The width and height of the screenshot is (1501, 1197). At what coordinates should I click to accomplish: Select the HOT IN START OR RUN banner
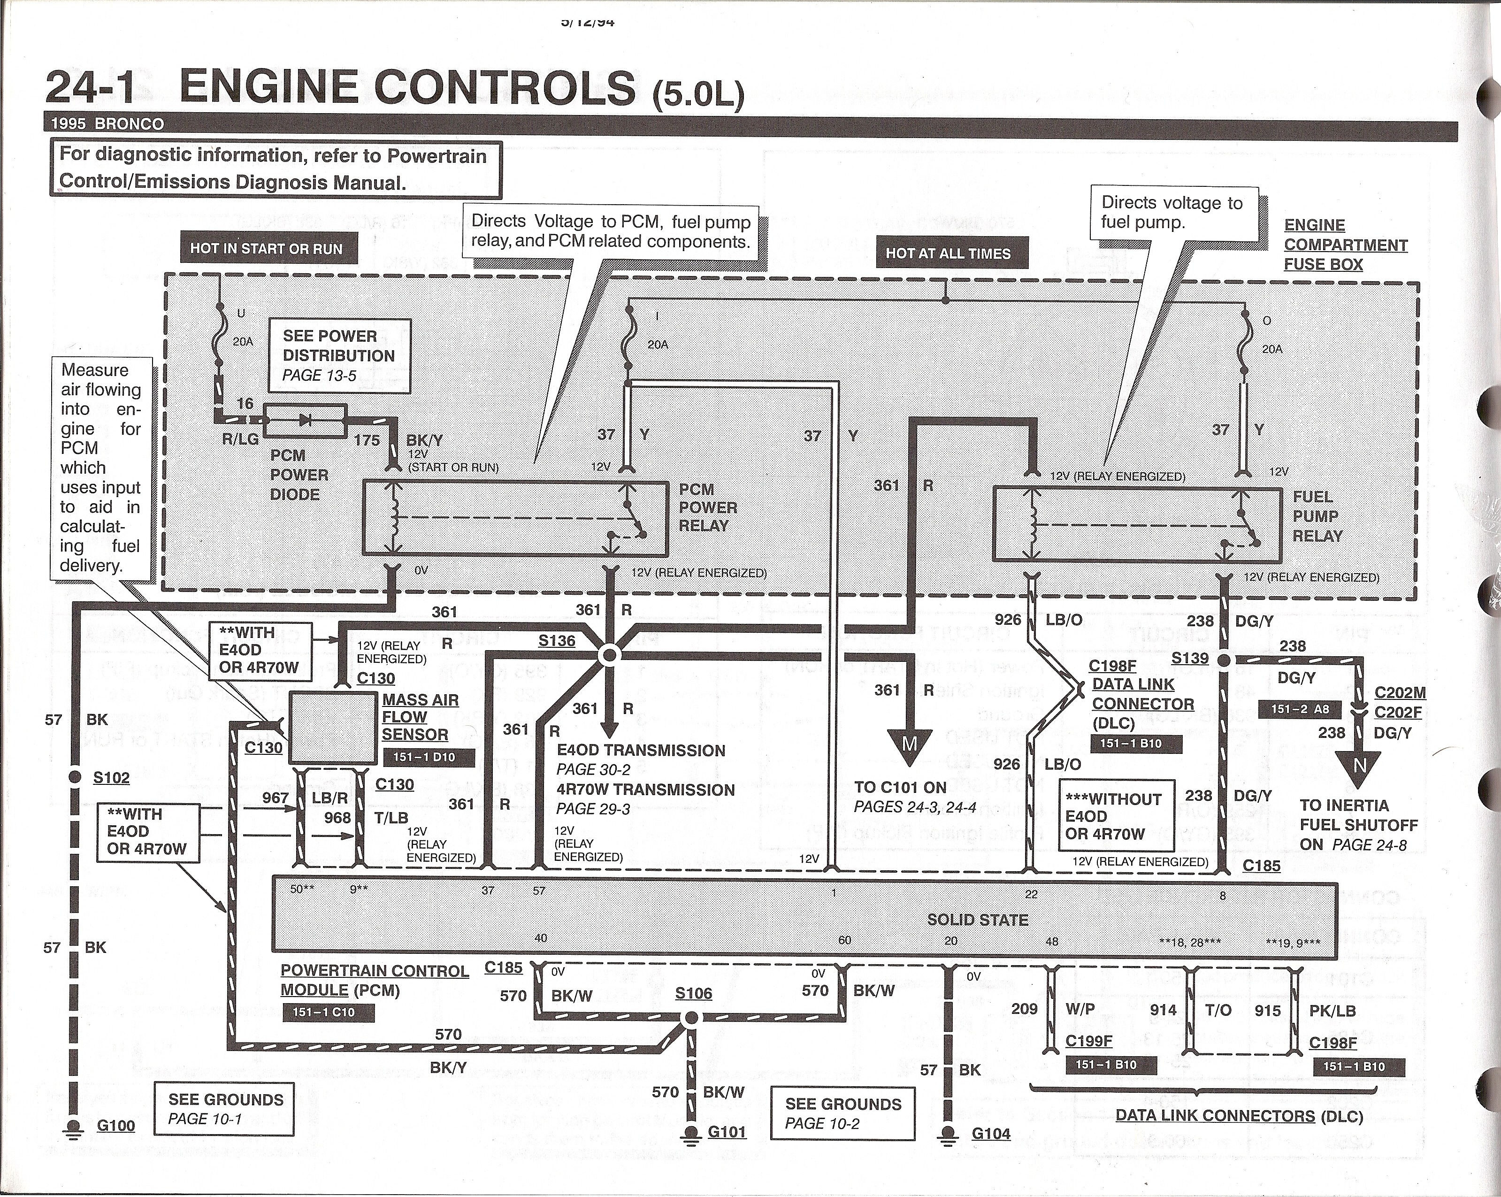pyautogui.click(x=267, y=249)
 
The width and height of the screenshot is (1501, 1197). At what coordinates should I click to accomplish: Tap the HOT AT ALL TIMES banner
pyautogui.click(x=948, y=254)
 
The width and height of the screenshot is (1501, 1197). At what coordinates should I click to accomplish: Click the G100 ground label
pyautogui.click(x=115, y=1126)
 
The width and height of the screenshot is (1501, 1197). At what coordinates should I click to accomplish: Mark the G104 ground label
pyautogui.click(x=991, y=1134)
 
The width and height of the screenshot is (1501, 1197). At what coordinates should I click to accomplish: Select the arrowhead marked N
pyautogui.click(x=1360, y=765)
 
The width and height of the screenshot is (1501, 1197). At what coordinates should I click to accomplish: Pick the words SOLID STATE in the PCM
pyautogui.click(x=978, y=920)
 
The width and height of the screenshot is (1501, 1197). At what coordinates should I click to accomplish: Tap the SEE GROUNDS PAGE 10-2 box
pyautogui.click(x=842, y=1113)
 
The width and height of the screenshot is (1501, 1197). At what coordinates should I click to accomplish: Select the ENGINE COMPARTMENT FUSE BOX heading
pyautogui.click(x=1345, y=245)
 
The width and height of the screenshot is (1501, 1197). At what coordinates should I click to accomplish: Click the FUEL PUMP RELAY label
pyautogui.click(x=1317, y=517)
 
